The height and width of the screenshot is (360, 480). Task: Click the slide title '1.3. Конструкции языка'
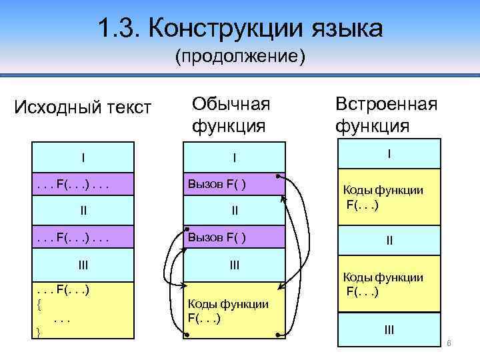240,28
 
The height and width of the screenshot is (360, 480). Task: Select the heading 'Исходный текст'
83,107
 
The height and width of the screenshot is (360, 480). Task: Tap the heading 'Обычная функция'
231,114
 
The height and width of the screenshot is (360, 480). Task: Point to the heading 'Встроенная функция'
386,114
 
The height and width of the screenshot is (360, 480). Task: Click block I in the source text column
83,158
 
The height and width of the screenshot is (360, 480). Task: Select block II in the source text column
83,211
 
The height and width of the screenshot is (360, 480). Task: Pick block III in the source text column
83,264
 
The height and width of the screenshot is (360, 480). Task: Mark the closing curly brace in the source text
38,331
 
